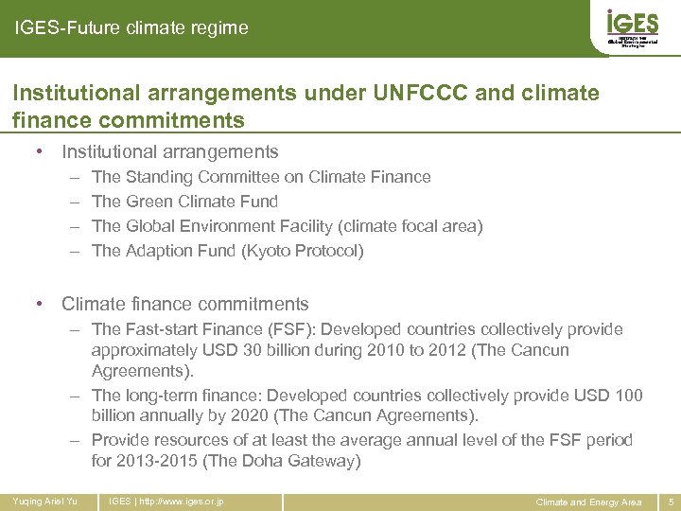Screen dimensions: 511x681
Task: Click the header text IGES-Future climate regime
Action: click(x=131, y=28)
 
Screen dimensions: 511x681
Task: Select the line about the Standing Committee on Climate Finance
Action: click(x=261, y=177)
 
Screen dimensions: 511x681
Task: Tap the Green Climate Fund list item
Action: click(x=184, y=202)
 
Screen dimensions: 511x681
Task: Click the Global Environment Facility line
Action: click(x=287, y=226)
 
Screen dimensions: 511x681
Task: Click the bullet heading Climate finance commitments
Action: click(x=184, y=304)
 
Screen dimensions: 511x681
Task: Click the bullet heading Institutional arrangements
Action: click(x=169, y=151)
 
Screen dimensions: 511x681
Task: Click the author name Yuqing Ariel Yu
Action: click(x=45, y=501)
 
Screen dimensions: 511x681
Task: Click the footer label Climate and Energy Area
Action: click(x=588, y=502)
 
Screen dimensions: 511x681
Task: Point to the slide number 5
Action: click(x=670, y=502)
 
